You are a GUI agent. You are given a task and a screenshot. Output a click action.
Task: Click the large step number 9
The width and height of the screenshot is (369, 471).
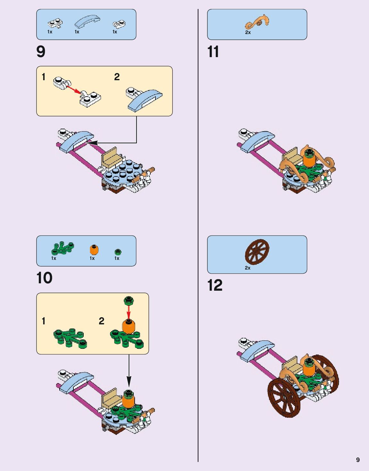41,52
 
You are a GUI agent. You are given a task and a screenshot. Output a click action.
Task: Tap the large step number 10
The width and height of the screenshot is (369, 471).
44,278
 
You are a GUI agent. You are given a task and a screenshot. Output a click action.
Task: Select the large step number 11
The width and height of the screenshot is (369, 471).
213,52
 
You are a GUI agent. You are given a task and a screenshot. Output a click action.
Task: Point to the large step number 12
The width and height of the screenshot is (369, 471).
214,285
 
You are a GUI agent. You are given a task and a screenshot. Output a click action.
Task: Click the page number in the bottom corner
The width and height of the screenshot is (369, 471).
358,460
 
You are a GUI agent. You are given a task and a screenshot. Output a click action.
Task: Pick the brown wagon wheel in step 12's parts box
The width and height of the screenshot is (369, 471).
257,251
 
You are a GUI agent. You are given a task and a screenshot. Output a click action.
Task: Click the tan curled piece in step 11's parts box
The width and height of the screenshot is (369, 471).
257,22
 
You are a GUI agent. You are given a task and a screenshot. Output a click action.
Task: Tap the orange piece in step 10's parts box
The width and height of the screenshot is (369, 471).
94,250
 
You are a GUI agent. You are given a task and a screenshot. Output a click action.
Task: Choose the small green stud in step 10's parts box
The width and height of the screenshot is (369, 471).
118,251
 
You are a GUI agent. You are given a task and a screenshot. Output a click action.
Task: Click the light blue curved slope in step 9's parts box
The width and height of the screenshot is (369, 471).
87,21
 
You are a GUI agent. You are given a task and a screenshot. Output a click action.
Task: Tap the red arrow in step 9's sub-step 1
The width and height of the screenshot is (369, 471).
74,89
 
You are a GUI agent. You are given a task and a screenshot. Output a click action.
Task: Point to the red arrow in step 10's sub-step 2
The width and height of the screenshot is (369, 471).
129,311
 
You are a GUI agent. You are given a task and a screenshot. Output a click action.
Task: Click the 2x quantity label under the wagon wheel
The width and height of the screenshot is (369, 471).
247,268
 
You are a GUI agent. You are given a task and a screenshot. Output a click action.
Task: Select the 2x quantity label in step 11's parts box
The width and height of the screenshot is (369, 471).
248,32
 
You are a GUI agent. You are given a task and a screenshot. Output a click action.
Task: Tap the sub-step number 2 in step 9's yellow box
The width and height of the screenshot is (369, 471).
117,77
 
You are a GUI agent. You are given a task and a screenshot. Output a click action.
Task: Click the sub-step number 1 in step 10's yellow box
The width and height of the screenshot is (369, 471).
44,321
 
